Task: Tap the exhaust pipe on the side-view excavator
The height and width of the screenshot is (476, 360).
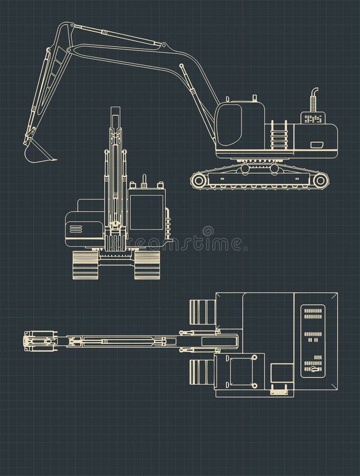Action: pyautogui.click(x=313, y=99)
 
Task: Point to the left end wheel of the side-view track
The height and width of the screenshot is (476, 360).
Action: pyautogui.click(x=200, y=180)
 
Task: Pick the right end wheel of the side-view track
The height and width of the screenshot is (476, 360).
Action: pyautogui.click(x=320, y=180)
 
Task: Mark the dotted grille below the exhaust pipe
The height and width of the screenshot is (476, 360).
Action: pyautogui.click(x=313, y=119)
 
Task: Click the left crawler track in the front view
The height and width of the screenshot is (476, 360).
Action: pyautogui.click(x=85, y=264)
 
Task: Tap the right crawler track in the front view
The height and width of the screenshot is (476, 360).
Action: pyautogui.click(x=147, y=264)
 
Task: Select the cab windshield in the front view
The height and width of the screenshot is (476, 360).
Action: pyautogui.click(x=147, y=212)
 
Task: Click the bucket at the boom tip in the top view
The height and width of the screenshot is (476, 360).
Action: pyautogui.click(x=40, y=341)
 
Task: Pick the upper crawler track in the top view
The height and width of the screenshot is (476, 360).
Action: pyautogui.click(x=202, y=312)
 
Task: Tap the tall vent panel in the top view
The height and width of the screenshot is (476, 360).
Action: pyautogui.click(x=313, y=341)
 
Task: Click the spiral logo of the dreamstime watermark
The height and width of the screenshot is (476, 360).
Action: pyautogui.click(x=208, y=231)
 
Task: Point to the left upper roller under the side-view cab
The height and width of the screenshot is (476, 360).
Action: pyautogui.click(x=245, y=169)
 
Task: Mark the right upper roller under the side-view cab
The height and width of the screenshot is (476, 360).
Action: pyautogui.click(x=274, y=169)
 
